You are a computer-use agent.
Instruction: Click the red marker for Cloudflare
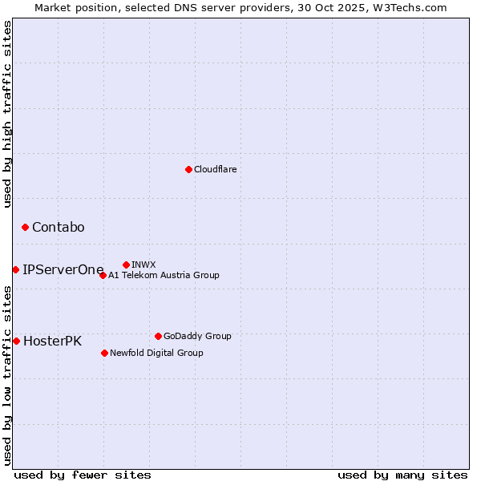(188, 169)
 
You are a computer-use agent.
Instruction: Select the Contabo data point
(25, 228)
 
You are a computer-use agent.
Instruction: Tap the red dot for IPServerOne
(15, 269)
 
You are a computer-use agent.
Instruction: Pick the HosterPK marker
(16, 341)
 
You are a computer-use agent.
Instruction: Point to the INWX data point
(126, 265)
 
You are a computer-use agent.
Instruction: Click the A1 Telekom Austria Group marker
(103, 275)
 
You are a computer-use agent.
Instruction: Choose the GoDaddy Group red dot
(158, 336)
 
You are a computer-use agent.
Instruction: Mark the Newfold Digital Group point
(104, 353)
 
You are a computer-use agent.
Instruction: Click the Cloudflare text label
(216, 169)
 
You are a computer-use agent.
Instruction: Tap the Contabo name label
(58, 228)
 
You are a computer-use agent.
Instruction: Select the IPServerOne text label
(63, 269)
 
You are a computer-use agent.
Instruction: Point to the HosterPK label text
(52, 341)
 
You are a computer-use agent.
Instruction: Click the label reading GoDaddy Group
(197, 336)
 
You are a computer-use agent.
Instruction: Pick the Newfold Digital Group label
(156, 353)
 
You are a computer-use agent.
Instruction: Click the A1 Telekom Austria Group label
(164, 275)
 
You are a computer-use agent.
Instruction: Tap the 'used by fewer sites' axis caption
(83, 475)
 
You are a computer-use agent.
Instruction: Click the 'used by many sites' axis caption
(402, 475)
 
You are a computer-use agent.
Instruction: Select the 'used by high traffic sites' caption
(7, 113)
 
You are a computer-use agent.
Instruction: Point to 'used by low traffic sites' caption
(7, 375)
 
